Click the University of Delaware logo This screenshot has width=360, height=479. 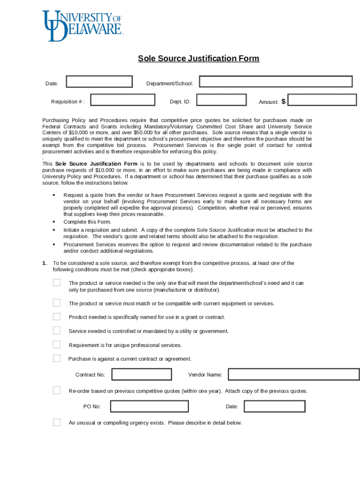coord(82,26)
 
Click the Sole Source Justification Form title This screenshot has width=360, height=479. coord(198,58)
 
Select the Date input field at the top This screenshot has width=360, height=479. coord(100,82)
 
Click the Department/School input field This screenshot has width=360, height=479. coord(276,81)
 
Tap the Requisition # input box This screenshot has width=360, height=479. coord(122,100)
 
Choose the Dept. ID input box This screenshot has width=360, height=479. coord(222,100)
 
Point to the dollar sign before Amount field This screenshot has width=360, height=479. coord(284,101)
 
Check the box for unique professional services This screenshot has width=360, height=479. coord(57,345)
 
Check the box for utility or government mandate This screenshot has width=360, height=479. coord(57,331)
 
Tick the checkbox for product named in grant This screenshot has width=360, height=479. coord(57,317)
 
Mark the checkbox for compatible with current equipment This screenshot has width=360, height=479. coord(57,303)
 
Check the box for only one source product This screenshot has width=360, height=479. coord(57,283)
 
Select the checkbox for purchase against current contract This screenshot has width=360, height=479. coord(57,358)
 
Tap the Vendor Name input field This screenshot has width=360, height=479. coord(294,375)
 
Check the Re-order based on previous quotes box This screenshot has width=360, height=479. coord(57,391)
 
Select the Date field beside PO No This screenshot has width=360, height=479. coord(274,406)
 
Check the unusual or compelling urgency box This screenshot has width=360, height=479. coord(57,422)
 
